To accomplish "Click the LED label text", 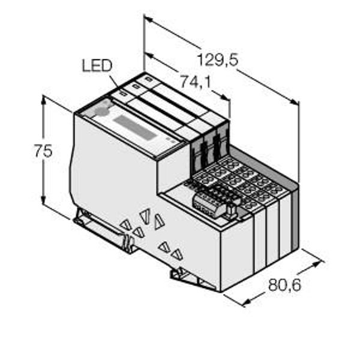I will click(97, 65).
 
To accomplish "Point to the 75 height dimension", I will click(43, 152).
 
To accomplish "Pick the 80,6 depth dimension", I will click(285, 284).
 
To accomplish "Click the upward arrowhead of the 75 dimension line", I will click(43, 100).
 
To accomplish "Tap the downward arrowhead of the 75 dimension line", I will click(43, 202).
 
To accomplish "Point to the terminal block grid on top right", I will click(246, 180).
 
